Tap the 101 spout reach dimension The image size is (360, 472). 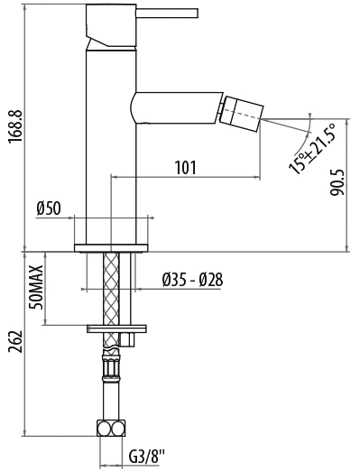tap(186, 167)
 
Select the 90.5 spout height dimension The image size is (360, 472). tap(337, 182)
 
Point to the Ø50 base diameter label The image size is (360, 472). tap(49, 208)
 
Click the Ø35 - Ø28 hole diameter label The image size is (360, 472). tap(192, 280)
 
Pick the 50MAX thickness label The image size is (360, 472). tap(36, 288)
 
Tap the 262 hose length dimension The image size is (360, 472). tap(15, 342)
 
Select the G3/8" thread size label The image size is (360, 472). tap(147, 457)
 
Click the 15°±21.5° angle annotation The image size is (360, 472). tap(312, 148)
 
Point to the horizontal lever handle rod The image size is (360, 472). tap(167, 14)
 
